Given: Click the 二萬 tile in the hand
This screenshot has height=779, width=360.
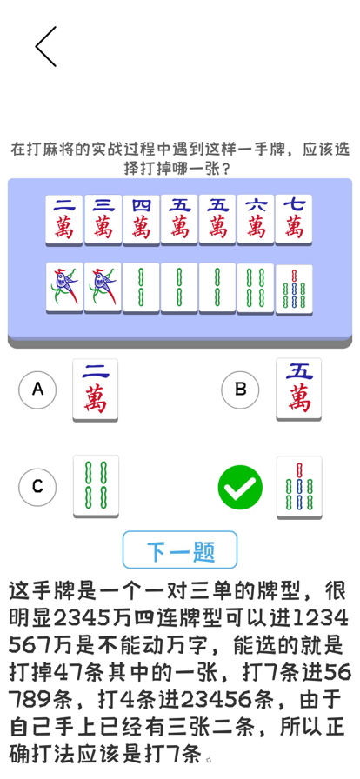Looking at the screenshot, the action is tap(64, 220).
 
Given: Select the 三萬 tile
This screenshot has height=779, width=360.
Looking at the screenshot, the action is tap(103, 220).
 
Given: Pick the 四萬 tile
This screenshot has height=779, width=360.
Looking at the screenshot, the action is tap(141, 220).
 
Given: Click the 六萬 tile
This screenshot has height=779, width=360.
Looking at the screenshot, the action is tap(256, 220).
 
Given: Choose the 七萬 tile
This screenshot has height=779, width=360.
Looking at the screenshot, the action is tap(294, 220).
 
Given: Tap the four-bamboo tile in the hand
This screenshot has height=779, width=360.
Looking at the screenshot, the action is tap(256, 288).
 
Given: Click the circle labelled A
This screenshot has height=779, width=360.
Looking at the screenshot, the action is tap(37, 390).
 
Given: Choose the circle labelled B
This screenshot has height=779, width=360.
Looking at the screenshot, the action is tap(240, 390).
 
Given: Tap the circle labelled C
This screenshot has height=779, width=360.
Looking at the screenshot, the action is tap(37, 487).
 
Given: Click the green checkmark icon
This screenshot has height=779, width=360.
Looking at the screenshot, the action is tap(240, 488).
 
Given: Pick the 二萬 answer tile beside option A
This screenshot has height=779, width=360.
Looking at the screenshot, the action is tap(96, 390).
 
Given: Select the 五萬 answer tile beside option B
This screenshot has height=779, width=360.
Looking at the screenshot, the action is tap(299, 389).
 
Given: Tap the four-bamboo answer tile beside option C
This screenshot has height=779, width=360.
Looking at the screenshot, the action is tap(96, 486).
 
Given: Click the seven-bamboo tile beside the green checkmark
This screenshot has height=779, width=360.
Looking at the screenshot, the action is tap(299, 488).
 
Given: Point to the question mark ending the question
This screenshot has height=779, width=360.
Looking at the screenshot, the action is tap(225, 170).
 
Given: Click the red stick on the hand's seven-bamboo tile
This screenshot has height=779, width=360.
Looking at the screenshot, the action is tap(295, 276).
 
